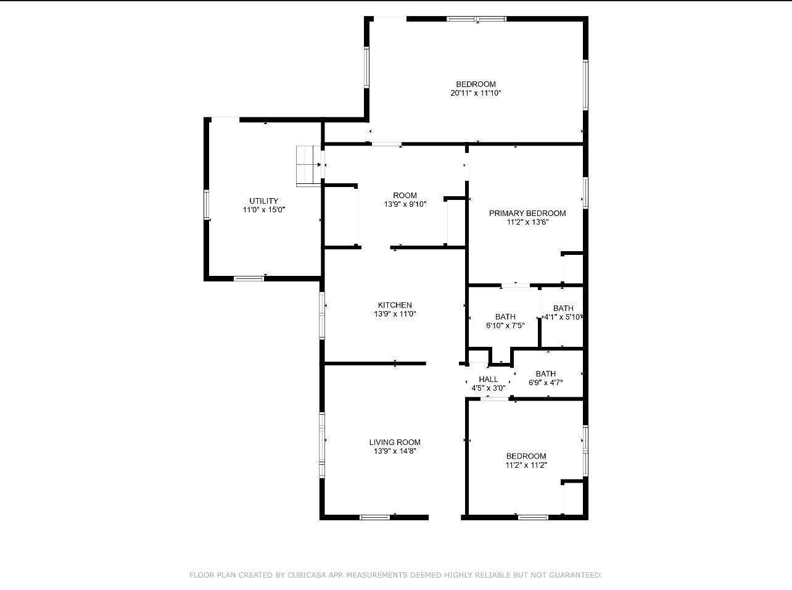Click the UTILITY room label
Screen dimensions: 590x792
pyautogui.click(x=263, y=201)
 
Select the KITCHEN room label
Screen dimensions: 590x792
pyautogui.click(x=395, y=305)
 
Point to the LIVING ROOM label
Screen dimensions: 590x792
pyautogui.click(x=395, y=442)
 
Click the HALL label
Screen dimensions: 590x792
pyautogui.click(x=488, y=380)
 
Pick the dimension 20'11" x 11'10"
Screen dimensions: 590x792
pyautogui.click(x=476, y=93)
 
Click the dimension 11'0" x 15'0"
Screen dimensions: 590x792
pyautogui.click(x=263, y=210)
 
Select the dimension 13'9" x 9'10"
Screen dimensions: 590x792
pyautogui.click(x=405, y=204)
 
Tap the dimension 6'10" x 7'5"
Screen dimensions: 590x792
pyautogui.click(x=505, y=326)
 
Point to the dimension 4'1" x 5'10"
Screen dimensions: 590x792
pyautogui.click(x=563, y=317)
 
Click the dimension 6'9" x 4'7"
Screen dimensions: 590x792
pyautogui.click(x=545, y=383)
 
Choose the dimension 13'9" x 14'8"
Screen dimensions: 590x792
pyautogui.click(x=395, y=451)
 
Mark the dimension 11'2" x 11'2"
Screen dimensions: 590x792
pyautogui.click(x=526, y=465)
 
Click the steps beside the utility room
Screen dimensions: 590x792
pyautogui.click(x=308, y=165)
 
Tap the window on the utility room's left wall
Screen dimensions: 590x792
pyautogui.click(x=207, y=205)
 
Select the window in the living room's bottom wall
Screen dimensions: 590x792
pyautogui.click(x=374, y=517)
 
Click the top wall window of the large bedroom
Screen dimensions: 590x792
pyautogui.click(x=476, y=19)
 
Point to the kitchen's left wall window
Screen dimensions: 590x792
pyautogui.click(x=322, y=315)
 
